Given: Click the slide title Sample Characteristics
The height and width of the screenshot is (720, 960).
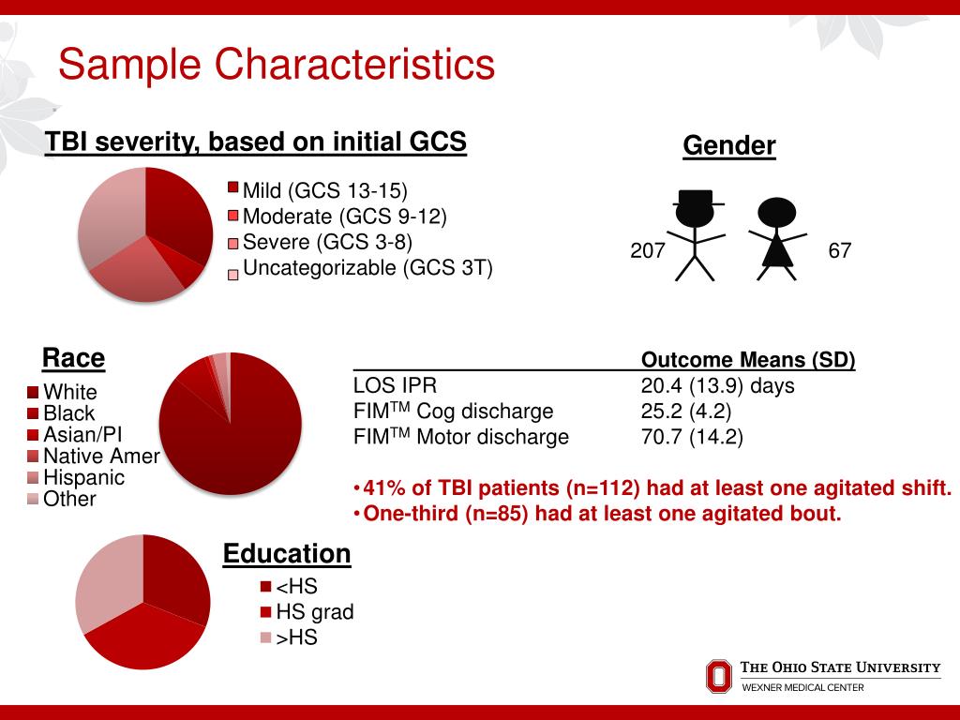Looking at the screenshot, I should pos(276,66).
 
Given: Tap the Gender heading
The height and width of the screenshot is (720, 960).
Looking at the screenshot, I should pos(728,146).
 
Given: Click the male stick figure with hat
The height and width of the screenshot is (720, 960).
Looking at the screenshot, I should pos(697,234).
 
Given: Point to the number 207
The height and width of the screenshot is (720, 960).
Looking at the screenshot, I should pos(647,251).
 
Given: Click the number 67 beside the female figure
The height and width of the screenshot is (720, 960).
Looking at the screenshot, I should pos(839,251).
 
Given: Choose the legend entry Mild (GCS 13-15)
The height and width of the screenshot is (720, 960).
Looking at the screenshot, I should pos(324,192).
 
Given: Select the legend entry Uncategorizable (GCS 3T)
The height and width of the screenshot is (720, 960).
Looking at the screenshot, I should pos(367,268).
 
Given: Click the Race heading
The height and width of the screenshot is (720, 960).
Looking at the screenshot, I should pos(73,359).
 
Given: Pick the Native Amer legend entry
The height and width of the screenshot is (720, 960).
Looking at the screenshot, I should pos(101,457).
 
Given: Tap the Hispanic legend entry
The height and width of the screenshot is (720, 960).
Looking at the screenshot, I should pos(83,478).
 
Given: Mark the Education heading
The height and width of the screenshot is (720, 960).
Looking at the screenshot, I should pos(286,554).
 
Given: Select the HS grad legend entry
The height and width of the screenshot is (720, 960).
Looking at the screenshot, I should pos(314,613).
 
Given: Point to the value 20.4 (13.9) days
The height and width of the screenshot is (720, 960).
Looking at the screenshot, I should pos(717,386).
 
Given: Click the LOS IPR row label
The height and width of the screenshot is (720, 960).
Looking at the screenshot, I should pos(395,386).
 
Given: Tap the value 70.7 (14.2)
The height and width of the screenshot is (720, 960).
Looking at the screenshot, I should pos(692,437).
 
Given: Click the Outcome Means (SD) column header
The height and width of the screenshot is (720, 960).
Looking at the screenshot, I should pos(747,361).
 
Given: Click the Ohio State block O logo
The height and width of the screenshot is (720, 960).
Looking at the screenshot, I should pos(718,676).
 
